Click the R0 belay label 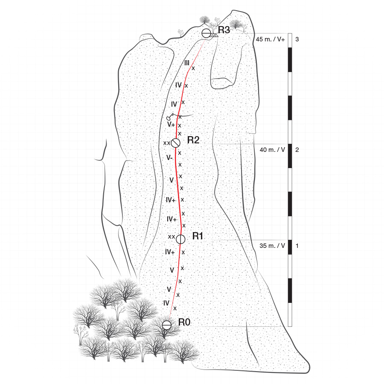click(184, 322)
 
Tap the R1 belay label click(198, 236)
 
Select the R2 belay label click(193, 140)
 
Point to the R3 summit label click(224, 30)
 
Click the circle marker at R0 click(167, 325)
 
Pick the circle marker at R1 click(180, 239)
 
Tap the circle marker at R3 click(206, 33)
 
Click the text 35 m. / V click(272, 246)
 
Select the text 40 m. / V click(272, 150)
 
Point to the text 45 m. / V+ click(271, 39)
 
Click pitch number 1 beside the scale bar click(297, 246)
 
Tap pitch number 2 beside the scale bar click(297, 150)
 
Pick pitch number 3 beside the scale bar click(297, 39)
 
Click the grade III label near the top click(187, 63)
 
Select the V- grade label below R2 click(169, 157)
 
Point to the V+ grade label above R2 click(171, 125)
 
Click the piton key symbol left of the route click(170, 116)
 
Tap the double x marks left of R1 click(171, 236)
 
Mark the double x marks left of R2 click(166, 143)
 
